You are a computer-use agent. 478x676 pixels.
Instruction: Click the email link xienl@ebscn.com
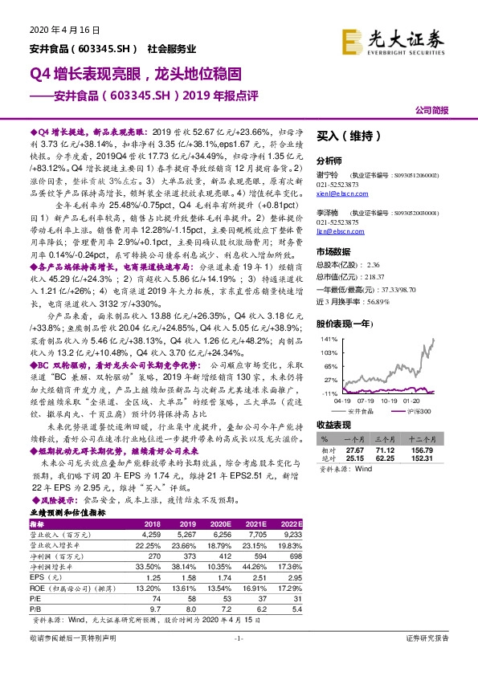point(337,193)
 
